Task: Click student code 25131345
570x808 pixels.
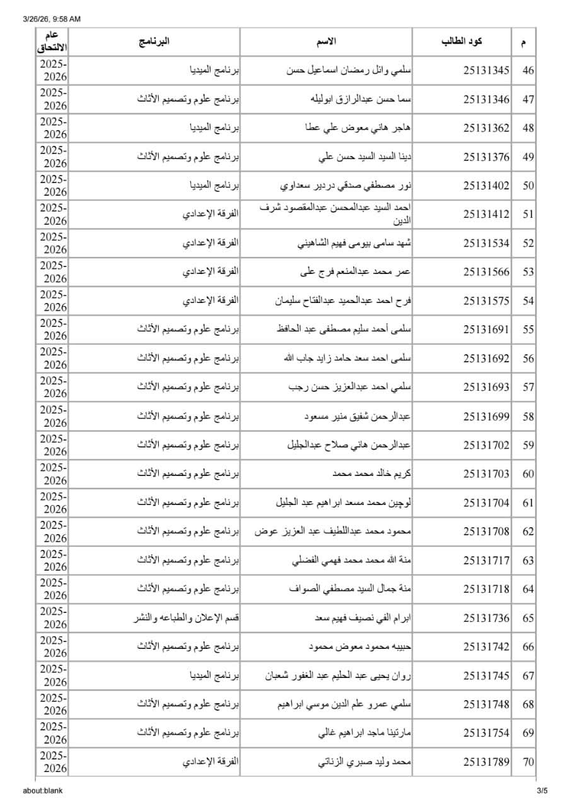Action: tap(486, 70)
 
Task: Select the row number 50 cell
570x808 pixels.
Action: tap(528, 186)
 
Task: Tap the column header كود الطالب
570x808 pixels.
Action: tap(462, 42)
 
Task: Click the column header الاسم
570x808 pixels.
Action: tap(326, 42)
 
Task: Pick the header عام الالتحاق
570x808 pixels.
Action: tap(53, 42)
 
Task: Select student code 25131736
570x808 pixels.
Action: tap(486, 619)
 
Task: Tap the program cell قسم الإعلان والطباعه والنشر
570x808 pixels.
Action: tap(188, 619)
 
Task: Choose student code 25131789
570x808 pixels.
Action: tap(486, 763)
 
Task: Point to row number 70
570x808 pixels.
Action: tap(528, 763)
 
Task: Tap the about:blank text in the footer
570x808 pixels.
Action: tap(43, 790)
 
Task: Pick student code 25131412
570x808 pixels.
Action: tap(486, 215)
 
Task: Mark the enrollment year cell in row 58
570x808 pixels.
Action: tap(53, 417)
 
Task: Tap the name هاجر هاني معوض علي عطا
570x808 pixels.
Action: tap(358, 128)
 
